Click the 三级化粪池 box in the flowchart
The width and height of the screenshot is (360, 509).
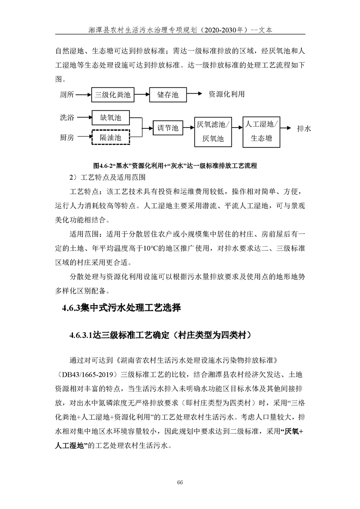[112, 95]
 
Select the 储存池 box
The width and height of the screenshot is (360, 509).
[168, 95]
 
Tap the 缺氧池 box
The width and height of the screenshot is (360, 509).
[111, 117]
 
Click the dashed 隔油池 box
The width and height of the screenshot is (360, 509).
[111, 137]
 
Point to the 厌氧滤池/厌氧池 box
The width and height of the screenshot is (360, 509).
[213, 131]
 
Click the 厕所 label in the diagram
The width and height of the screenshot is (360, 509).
[67, 95]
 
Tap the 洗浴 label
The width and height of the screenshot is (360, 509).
[67, 117]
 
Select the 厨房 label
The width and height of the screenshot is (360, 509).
[67, 137]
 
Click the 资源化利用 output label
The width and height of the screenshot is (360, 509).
[226, 95]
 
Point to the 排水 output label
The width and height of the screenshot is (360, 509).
[304, 129]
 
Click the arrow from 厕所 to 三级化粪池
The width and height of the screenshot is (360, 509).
[83, 95]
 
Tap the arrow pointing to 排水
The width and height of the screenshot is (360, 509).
[287, 129]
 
